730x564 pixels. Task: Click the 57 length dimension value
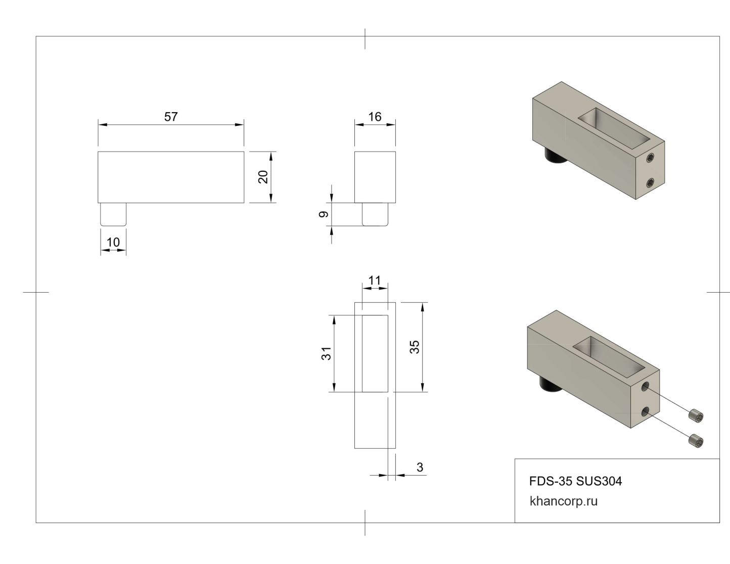171,117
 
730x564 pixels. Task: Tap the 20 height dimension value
263,177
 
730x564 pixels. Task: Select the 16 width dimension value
375,117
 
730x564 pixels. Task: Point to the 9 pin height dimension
324,214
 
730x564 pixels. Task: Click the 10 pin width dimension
113,242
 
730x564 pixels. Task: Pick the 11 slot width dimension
375,280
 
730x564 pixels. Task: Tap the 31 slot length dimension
326,353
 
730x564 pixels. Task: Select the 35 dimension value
415,347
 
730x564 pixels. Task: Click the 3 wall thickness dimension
420,467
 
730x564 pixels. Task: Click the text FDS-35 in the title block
551,481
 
